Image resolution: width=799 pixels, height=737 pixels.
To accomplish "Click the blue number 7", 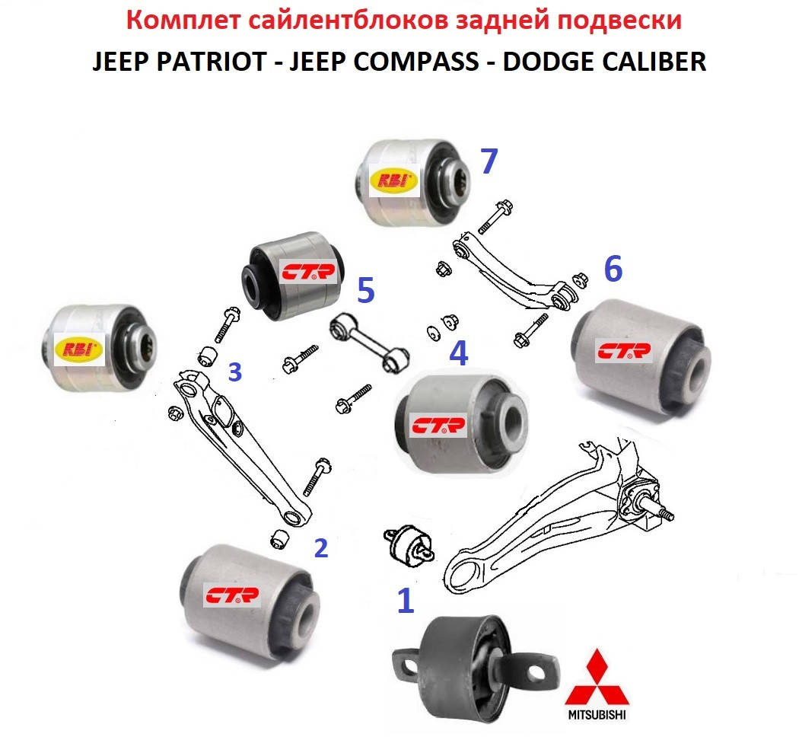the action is tap(489, 161).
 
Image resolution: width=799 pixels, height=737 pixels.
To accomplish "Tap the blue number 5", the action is tap(366, 291).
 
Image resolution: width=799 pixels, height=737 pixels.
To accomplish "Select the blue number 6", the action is tap(613, 268).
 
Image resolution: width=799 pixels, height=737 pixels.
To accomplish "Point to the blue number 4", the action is tap(459, 353).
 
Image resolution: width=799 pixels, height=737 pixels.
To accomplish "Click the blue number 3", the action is tap(235, 372).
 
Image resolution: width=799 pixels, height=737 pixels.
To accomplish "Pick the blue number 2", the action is tap(321, 548).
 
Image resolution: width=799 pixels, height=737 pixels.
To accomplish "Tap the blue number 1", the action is tap(406, 601).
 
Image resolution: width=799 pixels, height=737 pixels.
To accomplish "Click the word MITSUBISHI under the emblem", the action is tap(597, 715).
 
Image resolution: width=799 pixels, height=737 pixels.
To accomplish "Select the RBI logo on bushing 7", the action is tap(394, 181).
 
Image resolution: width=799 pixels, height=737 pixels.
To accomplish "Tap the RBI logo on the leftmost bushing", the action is tap(80, 349).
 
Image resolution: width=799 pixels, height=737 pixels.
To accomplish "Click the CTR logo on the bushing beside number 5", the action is tap(308, 273).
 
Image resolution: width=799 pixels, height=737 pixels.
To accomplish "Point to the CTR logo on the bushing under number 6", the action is tap(624, 351).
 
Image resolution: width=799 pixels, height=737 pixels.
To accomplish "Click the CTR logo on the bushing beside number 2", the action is tap(232, 595).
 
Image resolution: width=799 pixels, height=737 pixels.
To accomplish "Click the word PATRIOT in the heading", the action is tap(212, 62).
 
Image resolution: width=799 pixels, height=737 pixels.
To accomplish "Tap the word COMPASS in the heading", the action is tap(416, 62).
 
